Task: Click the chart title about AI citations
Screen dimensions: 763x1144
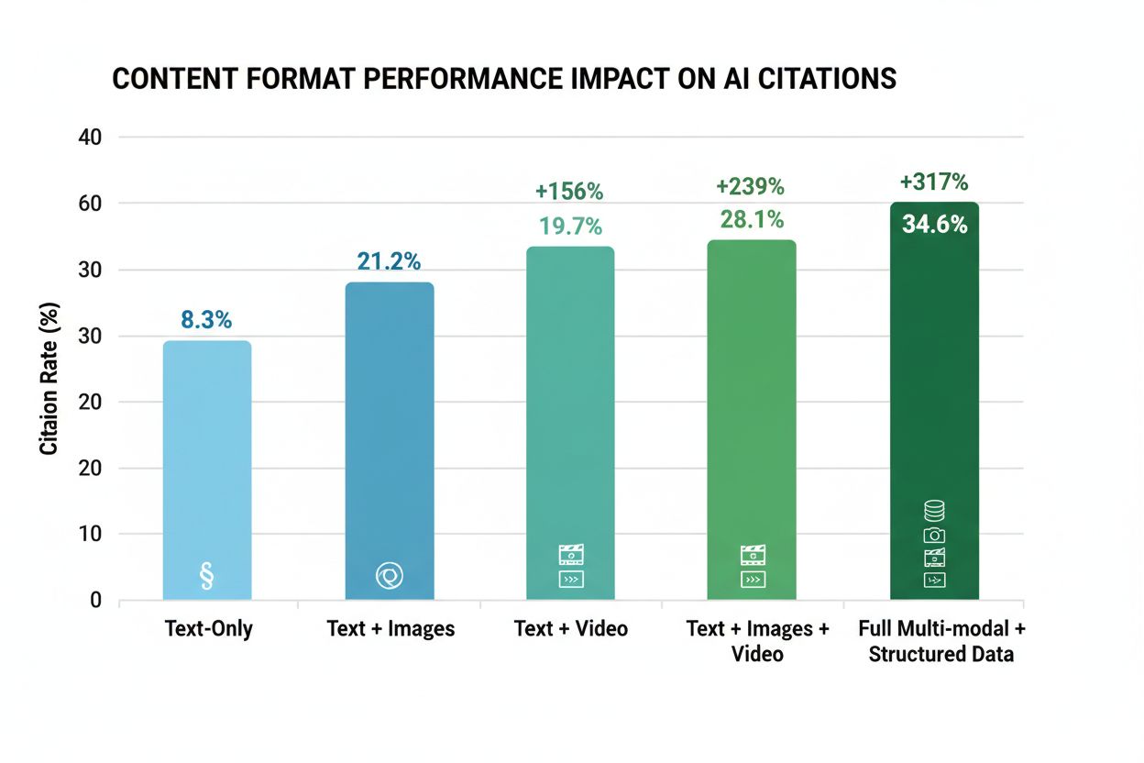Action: point(503,79)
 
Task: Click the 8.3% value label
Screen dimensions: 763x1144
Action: point(206,320)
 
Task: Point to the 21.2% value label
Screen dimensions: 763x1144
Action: point(389,262)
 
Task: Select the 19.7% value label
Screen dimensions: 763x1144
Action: point(570,226)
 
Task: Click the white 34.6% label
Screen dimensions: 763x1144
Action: point(934,224)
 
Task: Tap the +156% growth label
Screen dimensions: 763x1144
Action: point(569,192)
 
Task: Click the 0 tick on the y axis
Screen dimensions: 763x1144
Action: point(95,601)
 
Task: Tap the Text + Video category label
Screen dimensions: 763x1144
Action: point(570,629)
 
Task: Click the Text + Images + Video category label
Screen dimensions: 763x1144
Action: point(757,641)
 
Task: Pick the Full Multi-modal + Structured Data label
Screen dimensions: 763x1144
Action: point(941,641)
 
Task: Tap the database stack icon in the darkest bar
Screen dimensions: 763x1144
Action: point(934,512)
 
